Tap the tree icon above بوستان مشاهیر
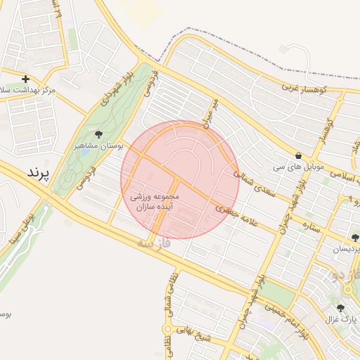tap(98, 134)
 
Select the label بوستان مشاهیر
tap(99, 146)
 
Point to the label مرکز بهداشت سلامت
tap(28, 91)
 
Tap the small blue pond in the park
tap(85, 150)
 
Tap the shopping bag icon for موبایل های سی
tap(299, 156)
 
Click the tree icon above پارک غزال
tap(340, 308)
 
